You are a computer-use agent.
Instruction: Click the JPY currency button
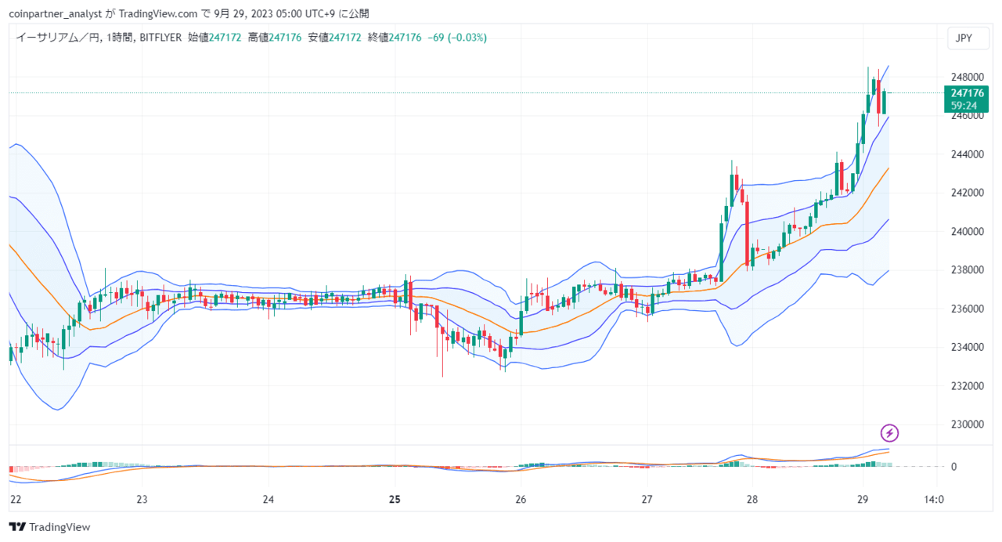pyautogui.click(x=968, y=38)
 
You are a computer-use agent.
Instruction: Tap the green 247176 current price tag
pyautogui.click(x=966, y=93)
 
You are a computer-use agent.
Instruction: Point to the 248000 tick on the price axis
pyautogui.click(x=967, y=77)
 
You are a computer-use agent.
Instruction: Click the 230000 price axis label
pyautogui.click(x=967, y=425)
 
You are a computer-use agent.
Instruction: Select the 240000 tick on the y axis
pyautogui.click(x=967, y=231)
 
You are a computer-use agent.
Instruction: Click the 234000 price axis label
pyautogui.click(x=967, y=347)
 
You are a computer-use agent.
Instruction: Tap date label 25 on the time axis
pyautogui.click(x=395, y=500)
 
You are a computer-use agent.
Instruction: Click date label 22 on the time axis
pyautogui.click(x=16, y=500)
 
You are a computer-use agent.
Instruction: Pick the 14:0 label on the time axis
pyautogui.click(x=934, y=500)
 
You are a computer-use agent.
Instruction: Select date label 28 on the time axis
pyautogui.click(x=752, y=500)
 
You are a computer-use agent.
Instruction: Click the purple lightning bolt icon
pyautogui.click(x=889, y=433)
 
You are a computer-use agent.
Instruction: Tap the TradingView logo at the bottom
pyautogui.click(x=49, y=527)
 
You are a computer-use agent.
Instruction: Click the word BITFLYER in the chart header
pyautogui.click(x=160, y=38)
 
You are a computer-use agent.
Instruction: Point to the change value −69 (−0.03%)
pyautogui.click(x=457, y=38)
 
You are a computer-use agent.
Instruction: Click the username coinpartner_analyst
pyautogui.click(x=56, y=14)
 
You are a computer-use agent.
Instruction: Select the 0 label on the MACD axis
pyautogui.click(x=953, y=467)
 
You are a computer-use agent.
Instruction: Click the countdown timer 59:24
pyautogui.click(x=964, y=106)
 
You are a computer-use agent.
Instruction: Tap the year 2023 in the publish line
pyautogui.click(x=261, y=14)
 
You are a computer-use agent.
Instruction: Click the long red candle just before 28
pyautogui.click(x=747, y=233)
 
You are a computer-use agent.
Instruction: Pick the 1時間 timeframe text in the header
pyautogui.click(x=120, y=38)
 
